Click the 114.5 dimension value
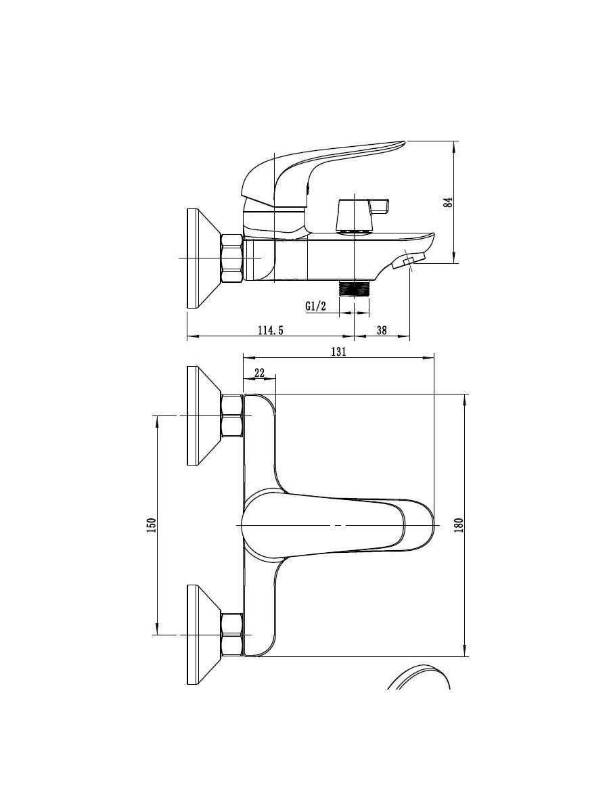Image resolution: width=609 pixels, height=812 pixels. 271,330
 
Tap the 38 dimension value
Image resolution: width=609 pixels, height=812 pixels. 382,330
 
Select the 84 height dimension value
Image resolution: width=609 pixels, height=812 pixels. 448,202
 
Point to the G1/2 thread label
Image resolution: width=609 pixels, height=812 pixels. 316,307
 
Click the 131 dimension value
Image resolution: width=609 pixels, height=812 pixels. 339,351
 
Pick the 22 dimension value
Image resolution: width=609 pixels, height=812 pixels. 260,373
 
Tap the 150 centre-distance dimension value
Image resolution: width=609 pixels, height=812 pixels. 152,525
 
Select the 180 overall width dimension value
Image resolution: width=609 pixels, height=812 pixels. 459,525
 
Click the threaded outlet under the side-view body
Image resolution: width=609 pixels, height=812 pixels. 354,288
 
